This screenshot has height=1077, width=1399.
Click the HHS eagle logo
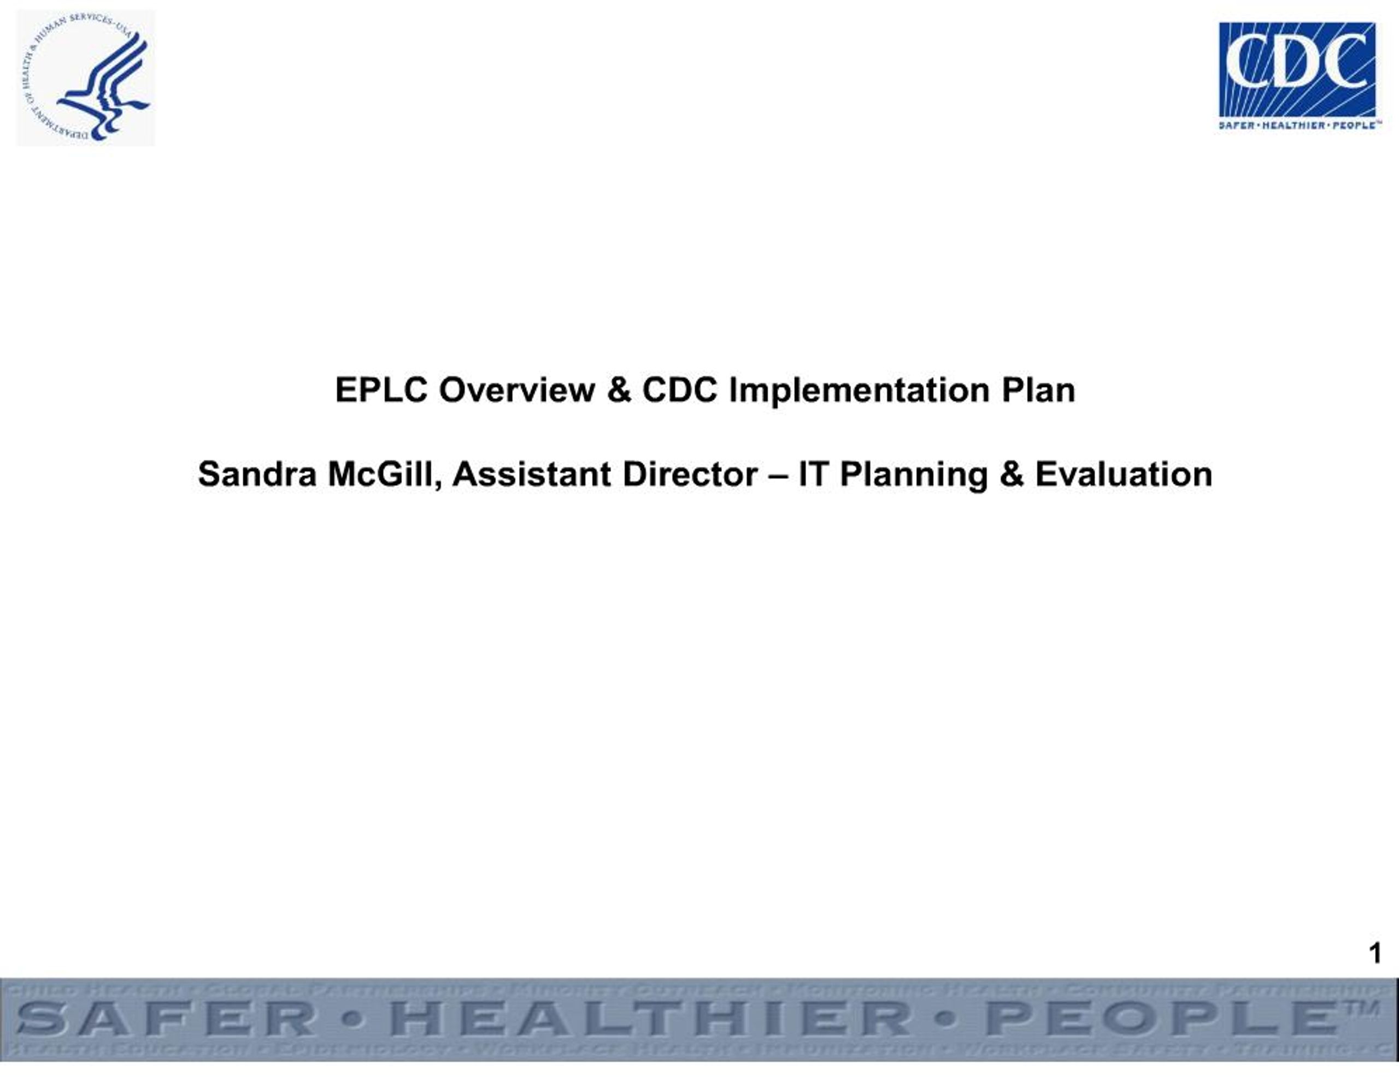coord(86,78)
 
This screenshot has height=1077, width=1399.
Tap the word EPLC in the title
coord(381,390)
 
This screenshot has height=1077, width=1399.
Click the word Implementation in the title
coord(859,390)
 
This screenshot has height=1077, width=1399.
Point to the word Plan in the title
coord(1038,390)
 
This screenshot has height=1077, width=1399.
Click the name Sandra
coord(257,475)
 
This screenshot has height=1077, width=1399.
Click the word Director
coord(690,475)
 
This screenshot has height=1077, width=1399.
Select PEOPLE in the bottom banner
coord(1160,1019)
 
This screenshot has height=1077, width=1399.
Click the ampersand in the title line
coord(618,390)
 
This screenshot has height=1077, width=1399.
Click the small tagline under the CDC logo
coord(1296,125)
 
